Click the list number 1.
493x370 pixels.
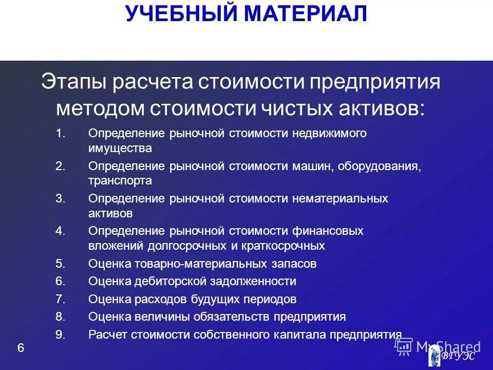point(60,134)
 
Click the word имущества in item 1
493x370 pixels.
point(120,149)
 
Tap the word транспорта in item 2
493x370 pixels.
point(120,181)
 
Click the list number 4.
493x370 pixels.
point(60,231)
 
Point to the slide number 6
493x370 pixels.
point(21,348)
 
